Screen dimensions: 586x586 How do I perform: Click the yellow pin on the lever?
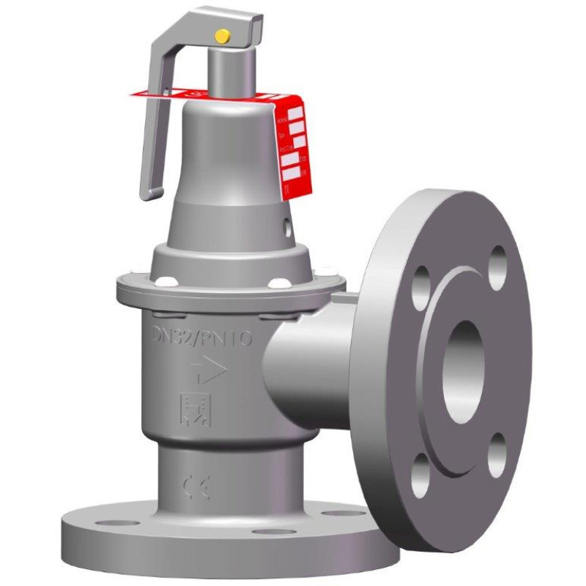220,34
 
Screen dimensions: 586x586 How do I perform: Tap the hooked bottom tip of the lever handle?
149,193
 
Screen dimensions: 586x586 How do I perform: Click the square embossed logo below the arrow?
194,409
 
